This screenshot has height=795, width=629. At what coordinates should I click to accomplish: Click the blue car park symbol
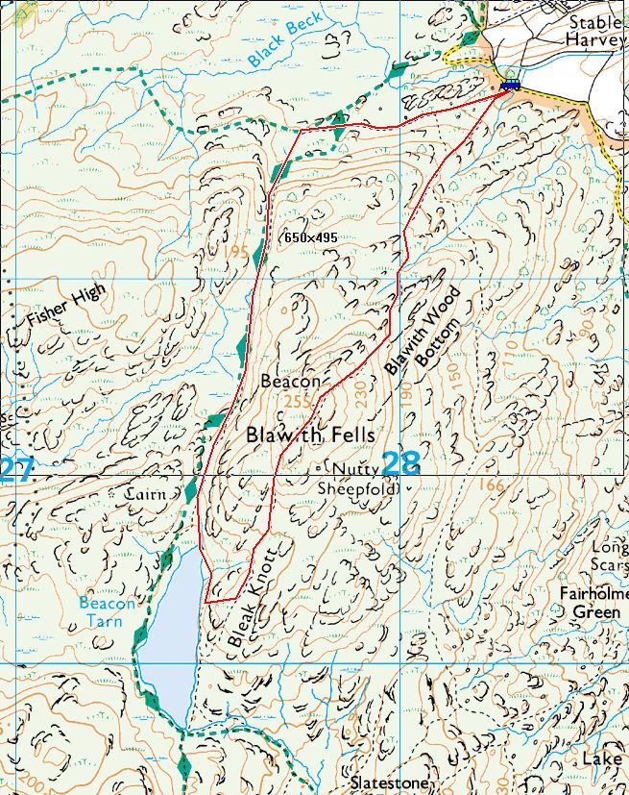click(x=510, y=85)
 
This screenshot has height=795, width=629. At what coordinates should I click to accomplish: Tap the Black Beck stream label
click(x=278, y=44)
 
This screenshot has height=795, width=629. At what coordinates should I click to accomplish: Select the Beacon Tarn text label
click(x=107, y=612)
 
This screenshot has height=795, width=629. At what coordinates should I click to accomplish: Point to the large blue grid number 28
click(x=400, y=463)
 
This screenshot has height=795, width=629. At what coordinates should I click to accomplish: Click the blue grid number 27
click(x=16, y=470)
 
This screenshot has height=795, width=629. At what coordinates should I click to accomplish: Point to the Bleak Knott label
click(x=253, y=596)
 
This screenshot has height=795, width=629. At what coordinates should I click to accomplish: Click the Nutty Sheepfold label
click(x=358, y=478)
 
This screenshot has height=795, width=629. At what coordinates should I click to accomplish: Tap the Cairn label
click(x=146, y=494)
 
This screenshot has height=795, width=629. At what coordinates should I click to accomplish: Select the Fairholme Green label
click(x=593, y=603)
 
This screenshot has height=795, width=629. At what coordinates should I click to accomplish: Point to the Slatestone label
click(x=389, y=783)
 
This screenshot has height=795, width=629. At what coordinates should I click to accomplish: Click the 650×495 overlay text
click(x=311, y=236)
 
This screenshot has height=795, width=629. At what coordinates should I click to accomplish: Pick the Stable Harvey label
click(x=595, y=31)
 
